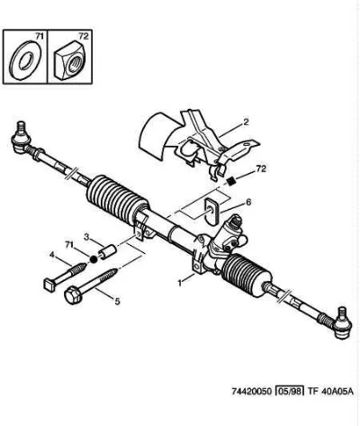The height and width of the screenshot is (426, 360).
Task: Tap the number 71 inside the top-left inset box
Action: tap(40, 36)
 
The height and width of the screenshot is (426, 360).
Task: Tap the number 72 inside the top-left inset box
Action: tap(84, 36)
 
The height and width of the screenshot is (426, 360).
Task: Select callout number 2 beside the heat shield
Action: tap(246, 122)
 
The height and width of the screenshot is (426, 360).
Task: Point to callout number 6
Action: tap(248, 203)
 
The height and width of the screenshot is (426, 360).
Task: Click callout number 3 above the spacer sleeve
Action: tap(86, 237)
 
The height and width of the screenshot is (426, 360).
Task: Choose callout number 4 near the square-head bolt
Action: tap(52, 255)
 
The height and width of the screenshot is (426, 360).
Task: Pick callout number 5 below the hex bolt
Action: tap(117, 301)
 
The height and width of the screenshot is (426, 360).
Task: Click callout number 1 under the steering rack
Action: tap(180, 283)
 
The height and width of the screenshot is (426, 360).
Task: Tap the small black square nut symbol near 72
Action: tap(231, 181)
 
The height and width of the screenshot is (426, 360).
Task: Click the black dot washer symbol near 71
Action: tap(94, 258)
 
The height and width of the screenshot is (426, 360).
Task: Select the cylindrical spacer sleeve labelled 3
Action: tap(108, 251)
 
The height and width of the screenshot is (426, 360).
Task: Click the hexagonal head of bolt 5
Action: tap(74, 295)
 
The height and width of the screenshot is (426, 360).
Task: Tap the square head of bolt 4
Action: tap(50, 284)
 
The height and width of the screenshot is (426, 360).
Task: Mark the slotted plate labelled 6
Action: tap(211, 211)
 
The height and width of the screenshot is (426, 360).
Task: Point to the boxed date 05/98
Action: tap(290, 391)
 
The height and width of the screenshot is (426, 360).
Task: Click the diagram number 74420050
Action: tap(252, 391)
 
